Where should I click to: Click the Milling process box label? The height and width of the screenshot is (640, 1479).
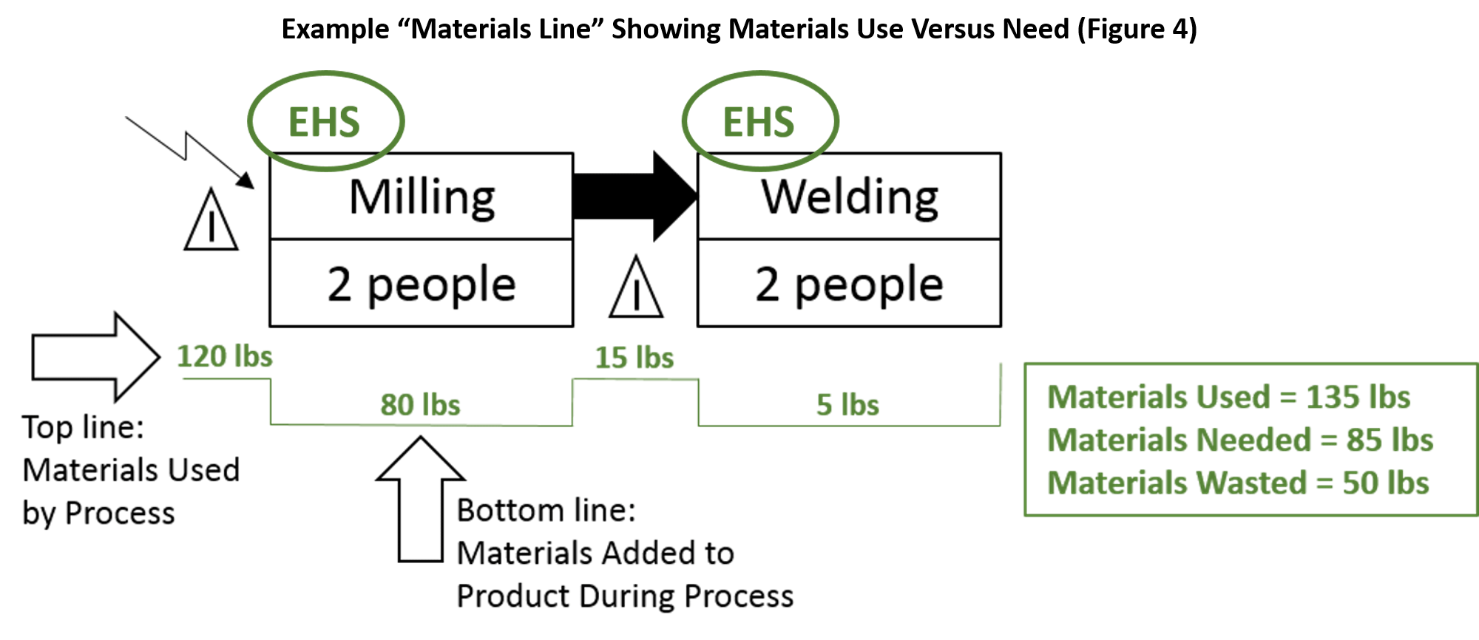coord(422,197)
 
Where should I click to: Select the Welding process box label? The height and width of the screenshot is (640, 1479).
coord(850,197)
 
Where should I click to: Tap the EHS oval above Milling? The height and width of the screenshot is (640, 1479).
coord(325,121)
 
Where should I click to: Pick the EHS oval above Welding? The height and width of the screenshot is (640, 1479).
coord(759,121)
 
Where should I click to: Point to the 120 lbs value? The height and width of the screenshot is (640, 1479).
coord(225,356)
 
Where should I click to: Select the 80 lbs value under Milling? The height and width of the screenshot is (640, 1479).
coord(420,405)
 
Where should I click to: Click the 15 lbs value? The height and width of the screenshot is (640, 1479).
coord(634,358)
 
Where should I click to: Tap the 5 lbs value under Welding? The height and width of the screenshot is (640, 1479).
coord(847,405)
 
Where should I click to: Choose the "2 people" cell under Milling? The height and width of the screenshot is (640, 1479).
coord(422,284)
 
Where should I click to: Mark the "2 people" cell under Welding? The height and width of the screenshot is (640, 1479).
coord(850,284)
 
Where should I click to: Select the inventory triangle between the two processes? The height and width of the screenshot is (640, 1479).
coord(636,289)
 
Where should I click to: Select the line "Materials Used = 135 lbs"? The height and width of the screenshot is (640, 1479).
coord(1229,397)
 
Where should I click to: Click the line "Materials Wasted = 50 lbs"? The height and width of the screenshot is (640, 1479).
coord(1239,483)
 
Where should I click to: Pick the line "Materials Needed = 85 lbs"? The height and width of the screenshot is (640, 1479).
coord(1240,440)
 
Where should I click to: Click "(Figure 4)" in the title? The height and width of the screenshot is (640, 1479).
coord(1137,30)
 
